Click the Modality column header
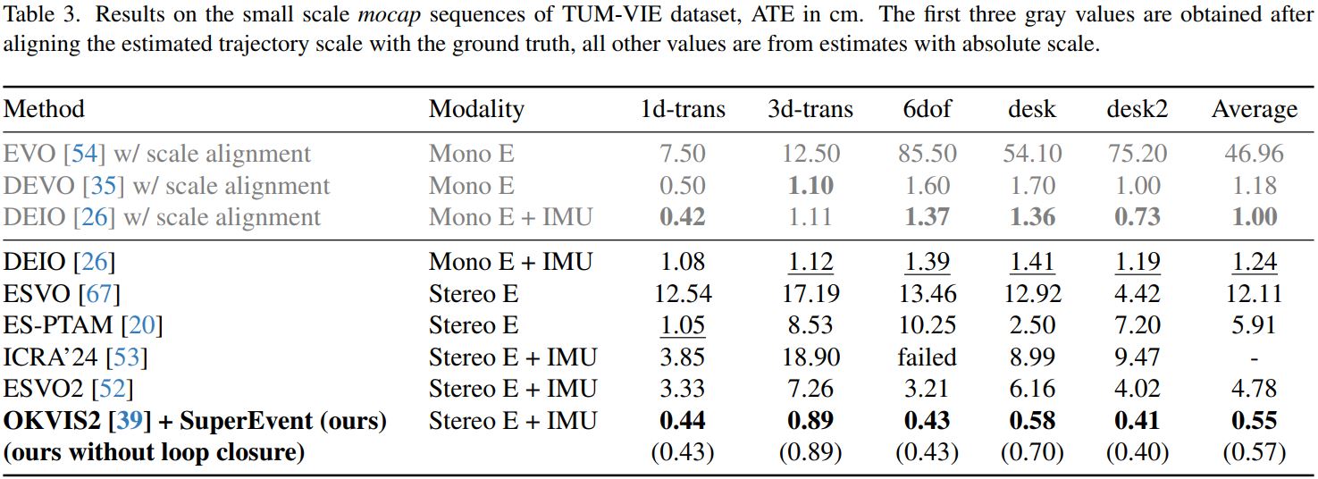pyautogui.click(x=476, y=109)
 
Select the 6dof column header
pyautogui.click(x=927, y=109)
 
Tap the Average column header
pyautogui.click(x=1254, y=110)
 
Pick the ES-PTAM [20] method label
pyautogui.click(x=83, y=325)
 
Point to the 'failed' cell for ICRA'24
pyautogui.click(x=927, y=357)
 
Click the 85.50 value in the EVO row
pyautogui.click(x=927, y=154)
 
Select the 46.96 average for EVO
pyautogui.click(x=1254, y=154)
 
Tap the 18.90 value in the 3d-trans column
pyautogui.click(x=810, y=357)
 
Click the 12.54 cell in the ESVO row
pyautogui.click(x=683, y=293)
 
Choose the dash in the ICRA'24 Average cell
pyautogui.click(x=1254, y=358)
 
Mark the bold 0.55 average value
pyautogui.click(x=1254, y=420)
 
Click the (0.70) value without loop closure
pyautogui.click(x=1032, y=452)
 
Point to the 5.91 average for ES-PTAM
pyautogui.click(x=1254, y=325)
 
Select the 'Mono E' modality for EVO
pyautogui.click(x=472, y=154)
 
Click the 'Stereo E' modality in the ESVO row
pyautogui.click(x=474, y=293)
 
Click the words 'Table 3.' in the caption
pyautogui.click(x=37, y=15)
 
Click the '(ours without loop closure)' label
pyautogui.click(x=154, y=452)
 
